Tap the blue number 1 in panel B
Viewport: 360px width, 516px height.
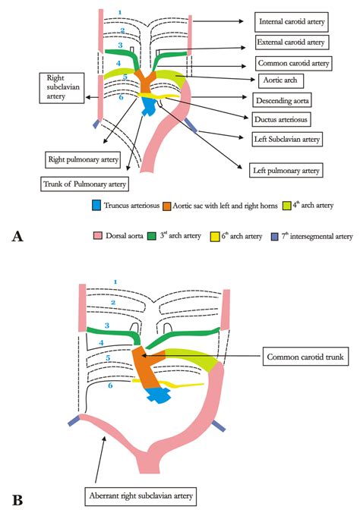[115, 282]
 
